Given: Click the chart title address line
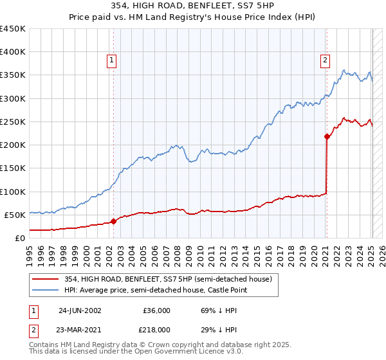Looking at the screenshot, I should click(x=193, y=6).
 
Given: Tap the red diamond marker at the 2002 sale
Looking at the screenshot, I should click(x=114, y=221).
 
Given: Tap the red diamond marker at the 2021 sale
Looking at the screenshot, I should click(x=327, y=136).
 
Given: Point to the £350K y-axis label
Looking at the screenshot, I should click(x=13, y=75).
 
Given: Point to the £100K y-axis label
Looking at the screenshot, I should click(x=13, y=192).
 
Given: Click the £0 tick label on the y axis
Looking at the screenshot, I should click(x=20, y=238).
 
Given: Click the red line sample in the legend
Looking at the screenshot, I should click(x=46, y=279).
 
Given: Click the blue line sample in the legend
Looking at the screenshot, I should click(x=46, y=291).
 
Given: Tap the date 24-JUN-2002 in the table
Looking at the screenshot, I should click(x=80, y=310).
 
